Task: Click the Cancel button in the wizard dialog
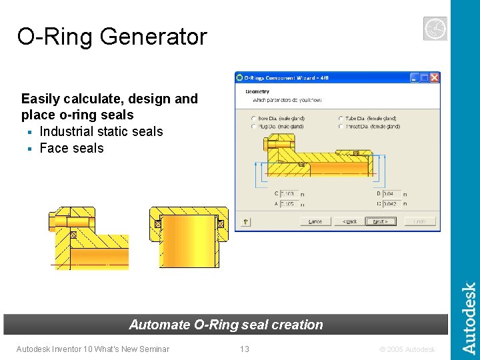pyautogui.click(x=315, y=221)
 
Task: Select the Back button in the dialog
pyautogui.click(x=349, y=221)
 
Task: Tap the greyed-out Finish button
pyautogui.click(x=419, y=221)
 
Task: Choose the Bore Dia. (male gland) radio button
pyautogui.click(x=253, y=119)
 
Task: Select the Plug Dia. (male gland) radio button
pyautogui.click(x=253, y=127)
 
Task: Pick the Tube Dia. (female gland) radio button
pyautogui.click(x=341, y=119)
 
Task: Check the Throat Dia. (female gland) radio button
pyautogui.click(x=341, y=127)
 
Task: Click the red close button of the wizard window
pyautogui.click(x=434, y=77)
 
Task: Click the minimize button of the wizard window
pyautogui.click(x=415, y=77)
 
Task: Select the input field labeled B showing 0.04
pyautogui.click(x=391, y=194)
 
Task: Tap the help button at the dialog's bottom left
pyautogui.click(x=245, y=221)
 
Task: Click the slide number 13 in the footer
pyautogui.click(x=245, y=349)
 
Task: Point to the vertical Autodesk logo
pyautogui.click(x=469, y=318)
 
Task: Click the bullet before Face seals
pyautogui.click(x=29, y=149)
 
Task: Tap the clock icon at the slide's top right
pyautogui.click(x=435, y=28)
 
